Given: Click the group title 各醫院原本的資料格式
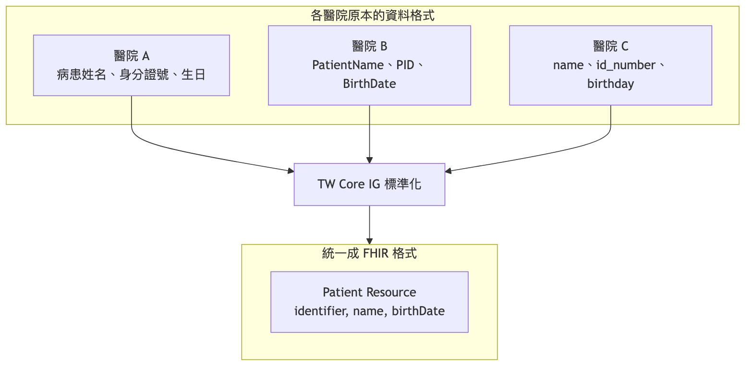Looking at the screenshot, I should pyautogui.click(x=372, y=15).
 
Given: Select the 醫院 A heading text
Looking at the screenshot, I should pyautogui.click(x=132, y=56).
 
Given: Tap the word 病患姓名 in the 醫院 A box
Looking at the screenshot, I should pyautogui.click(x=82, y=74).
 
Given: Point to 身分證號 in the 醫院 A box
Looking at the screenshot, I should pyautogui.click(x=144, y=74).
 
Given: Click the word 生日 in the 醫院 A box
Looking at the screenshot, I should pyautogui.click(x=194, y=74).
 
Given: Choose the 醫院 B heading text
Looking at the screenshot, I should pyautogui.click(x=369, y=46).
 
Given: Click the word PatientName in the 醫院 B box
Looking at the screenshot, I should pyautogui.click(x=348, y=65).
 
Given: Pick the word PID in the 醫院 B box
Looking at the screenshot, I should pyautogui.click(x=405, y=65).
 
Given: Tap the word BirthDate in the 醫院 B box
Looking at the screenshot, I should pyautogui.click(x=369, y=84).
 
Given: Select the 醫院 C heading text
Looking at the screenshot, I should pyautogui.click(x=610, y=46).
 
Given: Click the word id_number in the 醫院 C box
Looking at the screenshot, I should pyautogui.click(x=626, y=65).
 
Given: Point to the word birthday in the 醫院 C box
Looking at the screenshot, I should pyautogui.click(x=610, y=84).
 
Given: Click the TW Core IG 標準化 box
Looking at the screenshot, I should pyautogui.click(x=369, y=185).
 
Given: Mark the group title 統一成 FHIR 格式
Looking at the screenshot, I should pyautogui.click(x=369, y=253).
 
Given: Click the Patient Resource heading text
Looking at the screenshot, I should pyautogui.click(x=369, y=292).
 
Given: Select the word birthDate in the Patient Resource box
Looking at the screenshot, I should pyautogui.click(x=418, y=311).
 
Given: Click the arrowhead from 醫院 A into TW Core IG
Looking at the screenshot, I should pyautogui.click(x=290, y=171).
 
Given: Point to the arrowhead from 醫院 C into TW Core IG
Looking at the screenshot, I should pyautogui.click(x=449, y=171).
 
